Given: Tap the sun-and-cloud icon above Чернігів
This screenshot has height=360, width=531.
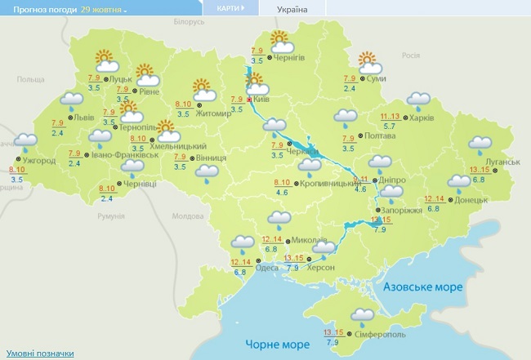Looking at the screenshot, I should tap(280, 40).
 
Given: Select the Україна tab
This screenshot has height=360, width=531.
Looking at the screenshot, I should tap(292, 9).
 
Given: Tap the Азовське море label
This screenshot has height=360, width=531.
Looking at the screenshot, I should tap(424, 287).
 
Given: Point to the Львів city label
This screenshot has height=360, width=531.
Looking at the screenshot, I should tap(84, 118).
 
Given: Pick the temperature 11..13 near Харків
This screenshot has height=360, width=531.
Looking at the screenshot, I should tap(390, 118).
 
